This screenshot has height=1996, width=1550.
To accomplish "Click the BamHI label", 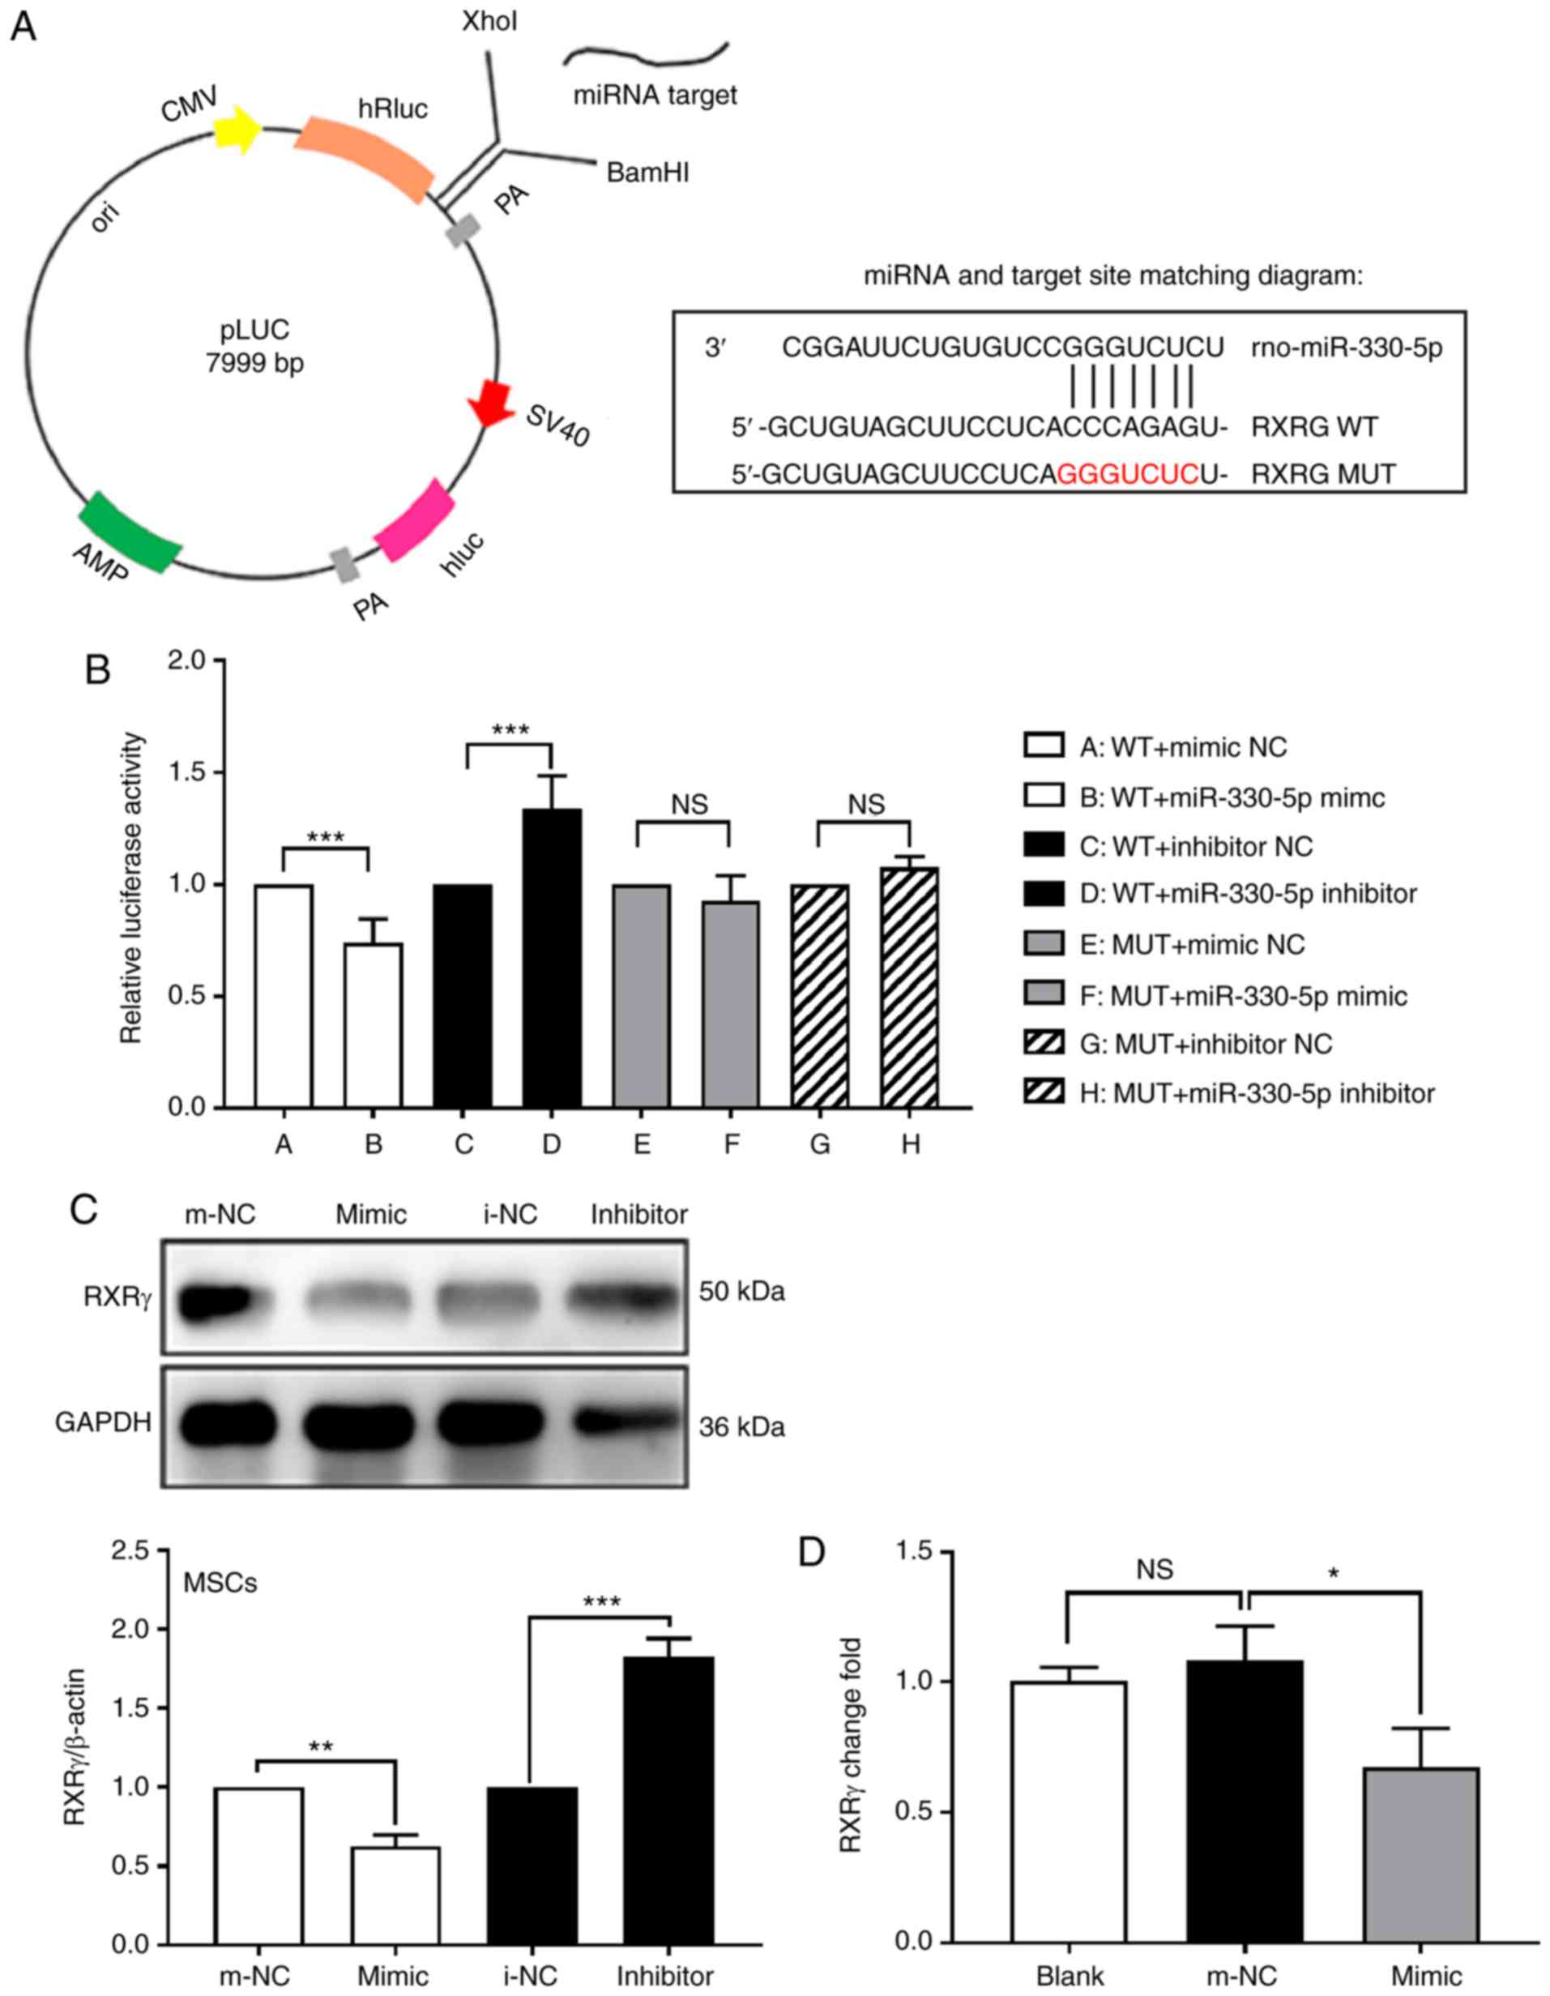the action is (x=647, y=172).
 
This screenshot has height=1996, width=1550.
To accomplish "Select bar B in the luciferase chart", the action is (x=373, y=1025).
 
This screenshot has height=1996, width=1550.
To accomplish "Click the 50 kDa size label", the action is (x=741, y=1292).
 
